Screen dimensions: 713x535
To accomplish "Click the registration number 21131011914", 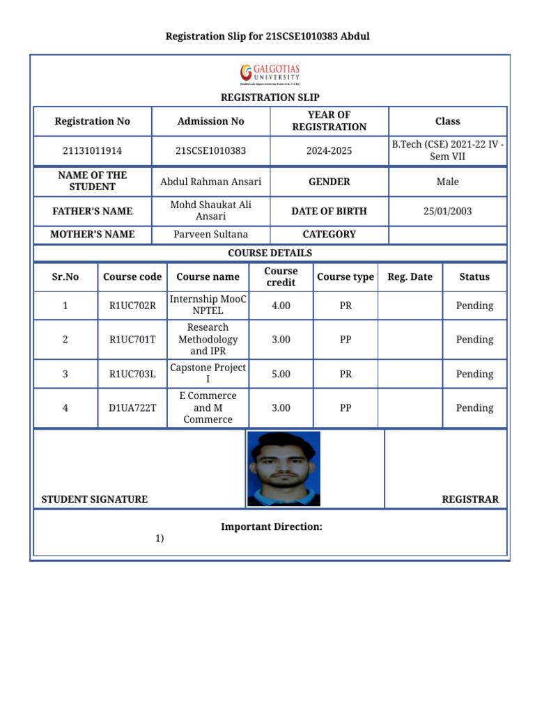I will (x=92, y=150).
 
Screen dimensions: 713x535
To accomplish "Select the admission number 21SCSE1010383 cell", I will (x=210, y=150).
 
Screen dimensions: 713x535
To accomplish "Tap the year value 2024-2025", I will (x=329, y=150).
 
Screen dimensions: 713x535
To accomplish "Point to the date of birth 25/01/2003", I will (x=447, y=211).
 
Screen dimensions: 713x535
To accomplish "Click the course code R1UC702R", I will (x=132, y=305).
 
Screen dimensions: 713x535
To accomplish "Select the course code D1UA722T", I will (x=132, y=408).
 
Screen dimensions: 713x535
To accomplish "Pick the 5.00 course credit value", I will (x=281, y=374).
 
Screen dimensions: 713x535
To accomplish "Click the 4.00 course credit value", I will (x=281, y=305).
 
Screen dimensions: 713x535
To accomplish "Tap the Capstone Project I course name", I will (x=208, y=373).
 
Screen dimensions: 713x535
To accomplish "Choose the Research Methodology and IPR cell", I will (x=208, y=339).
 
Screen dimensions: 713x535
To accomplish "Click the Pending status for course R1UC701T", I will (x=474, y=340).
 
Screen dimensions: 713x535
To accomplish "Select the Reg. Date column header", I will (x=410, y=276).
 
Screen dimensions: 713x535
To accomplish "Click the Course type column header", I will (x=346, y=276).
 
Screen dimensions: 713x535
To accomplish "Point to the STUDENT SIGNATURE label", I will (x=95, y=499).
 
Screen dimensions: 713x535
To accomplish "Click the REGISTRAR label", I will (x=470, y=499).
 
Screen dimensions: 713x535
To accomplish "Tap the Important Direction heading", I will (x=272, y=527).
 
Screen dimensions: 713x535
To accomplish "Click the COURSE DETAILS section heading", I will (x=270, y=253).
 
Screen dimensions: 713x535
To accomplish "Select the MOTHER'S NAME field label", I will (x=92, y=235).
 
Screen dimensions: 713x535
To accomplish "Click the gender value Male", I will (x=447, y=182).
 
